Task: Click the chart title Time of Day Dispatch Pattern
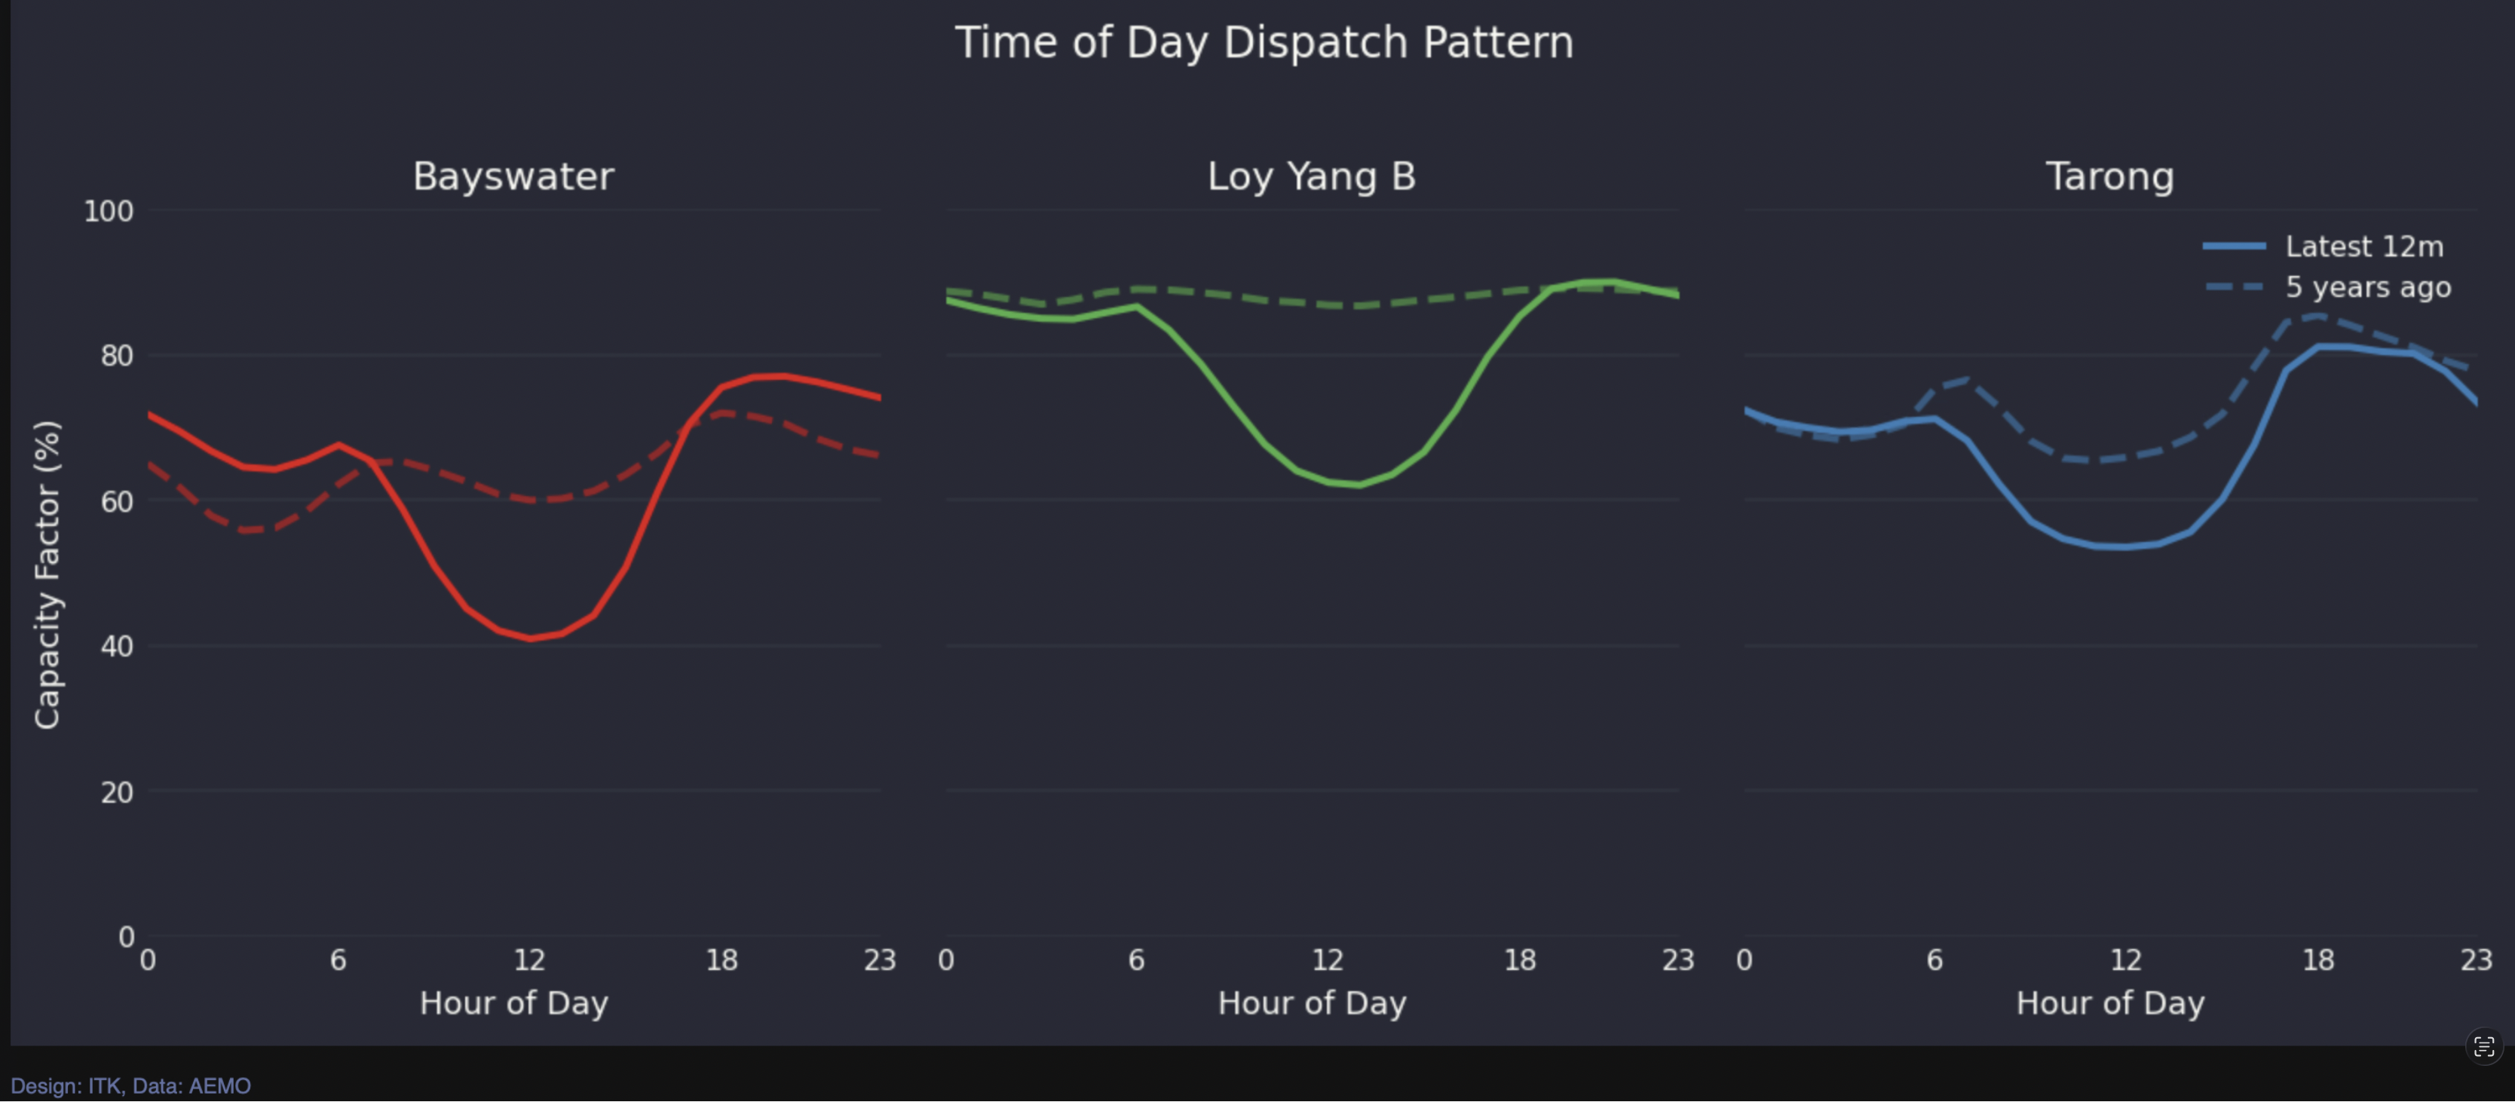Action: pos(1264,43)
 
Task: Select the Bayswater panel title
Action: pos(513,176)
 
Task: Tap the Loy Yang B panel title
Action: pos(1311,176)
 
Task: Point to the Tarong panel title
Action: pos(2110,176)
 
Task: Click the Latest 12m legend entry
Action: pos(2363,247)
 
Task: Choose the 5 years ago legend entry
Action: pos(2366,288)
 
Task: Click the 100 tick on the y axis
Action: pos(109,211)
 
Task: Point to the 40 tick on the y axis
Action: pos(116,646)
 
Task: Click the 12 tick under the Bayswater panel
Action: pos(529,960)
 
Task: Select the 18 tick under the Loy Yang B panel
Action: pos(1519,960)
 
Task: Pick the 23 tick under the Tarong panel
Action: pos(2475,960)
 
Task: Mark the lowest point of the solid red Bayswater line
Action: pos(530,638)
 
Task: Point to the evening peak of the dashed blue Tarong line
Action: pos(2317,315)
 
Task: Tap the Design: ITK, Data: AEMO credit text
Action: pos(131,1085)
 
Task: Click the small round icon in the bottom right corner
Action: pos(2484,1046)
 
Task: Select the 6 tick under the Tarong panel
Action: pos(1934,960)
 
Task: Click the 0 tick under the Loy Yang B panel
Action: pos(945,960)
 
